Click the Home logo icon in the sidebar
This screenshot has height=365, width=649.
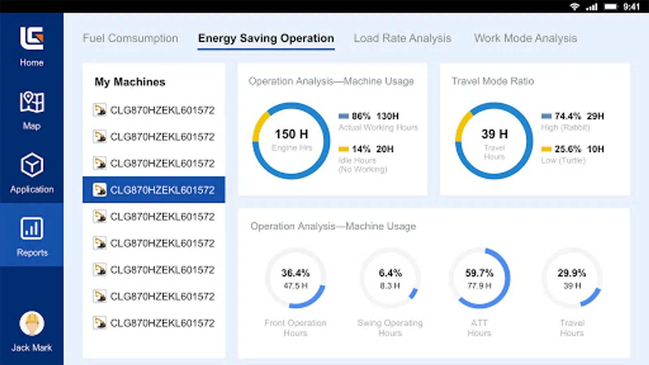32,39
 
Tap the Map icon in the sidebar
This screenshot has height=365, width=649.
32,102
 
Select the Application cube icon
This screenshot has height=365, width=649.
32,165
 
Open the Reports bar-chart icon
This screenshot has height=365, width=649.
32,228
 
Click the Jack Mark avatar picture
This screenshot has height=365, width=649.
32,324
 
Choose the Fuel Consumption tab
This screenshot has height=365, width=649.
130,38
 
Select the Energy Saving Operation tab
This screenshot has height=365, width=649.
266,38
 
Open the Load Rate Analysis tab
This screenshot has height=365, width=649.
402,38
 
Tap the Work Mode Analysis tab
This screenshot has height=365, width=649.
525,38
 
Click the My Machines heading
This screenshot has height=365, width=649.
130,82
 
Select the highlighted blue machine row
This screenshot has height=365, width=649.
154,190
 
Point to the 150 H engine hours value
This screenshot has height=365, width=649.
291,134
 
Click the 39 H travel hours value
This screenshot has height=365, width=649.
494,134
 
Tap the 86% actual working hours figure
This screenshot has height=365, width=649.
361,116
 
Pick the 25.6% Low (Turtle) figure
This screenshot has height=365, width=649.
567,149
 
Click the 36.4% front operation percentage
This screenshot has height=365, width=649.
295,273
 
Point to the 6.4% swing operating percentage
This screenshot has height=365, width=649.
390,273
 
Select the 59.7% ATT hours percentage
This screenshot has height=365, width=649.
479,273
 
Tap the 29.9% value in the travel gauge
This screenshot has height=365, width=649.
572,273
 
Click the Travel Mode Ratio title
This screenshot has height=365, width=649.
493,81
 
